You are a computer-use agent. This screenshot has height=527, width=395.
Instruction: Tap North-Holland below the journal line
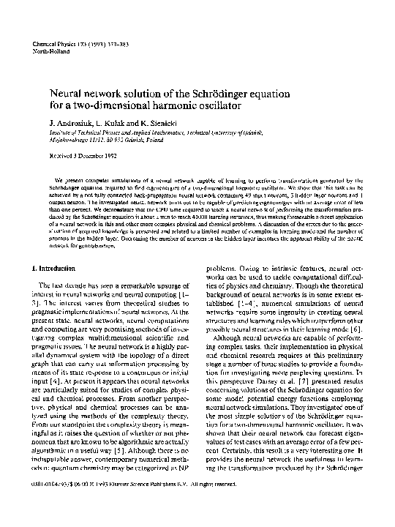[51, 53]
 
